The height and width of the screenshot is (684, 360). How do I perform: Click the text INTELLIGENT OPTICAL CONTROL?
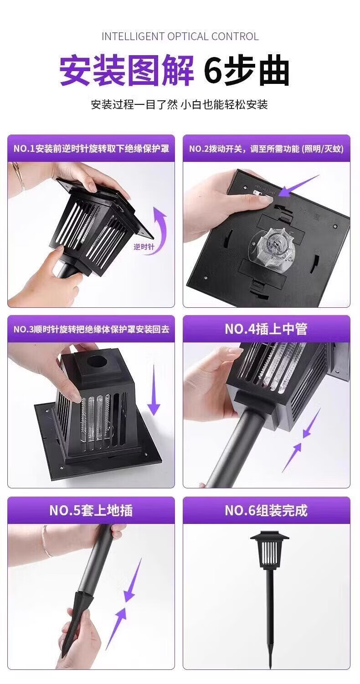pos(180,36)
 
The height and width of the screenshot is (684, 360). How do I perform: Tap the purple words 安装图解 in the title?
pos(127,71)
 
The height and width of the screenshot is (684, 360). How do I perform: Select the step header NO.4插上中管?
pos(266,329)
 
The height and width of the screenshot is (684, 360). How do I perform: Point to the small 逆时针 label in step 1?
pos(144,246)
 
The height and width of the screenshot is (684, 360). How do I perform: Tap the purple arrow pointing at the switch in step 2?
pos(299,185)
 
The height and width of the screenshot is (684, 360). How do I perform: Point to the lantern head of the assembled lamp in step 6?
pos(270,549)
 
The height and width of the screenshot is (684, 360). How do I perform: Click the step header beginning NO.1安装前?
pos(91,149)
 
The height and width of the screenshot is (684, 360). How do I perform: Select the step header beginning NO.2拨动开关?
pos(266,149)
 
